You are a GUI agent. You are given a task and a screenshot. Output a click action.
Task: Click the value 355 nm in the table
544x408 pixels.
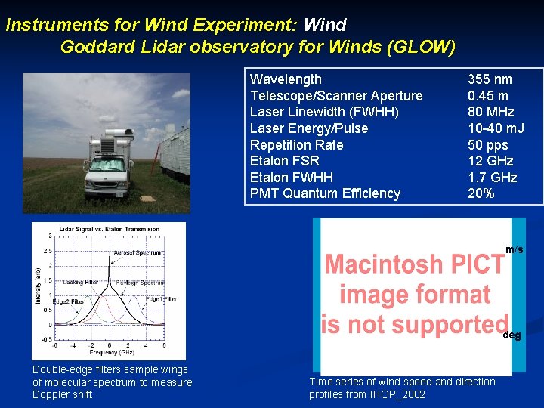(490, 79)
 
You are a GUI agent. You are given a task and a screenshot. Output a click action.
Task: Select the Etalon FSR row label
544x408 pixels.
(284, 161)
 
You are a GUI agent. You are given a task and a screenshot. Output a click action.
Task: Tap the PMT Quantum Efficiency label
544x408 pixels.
(325, 193)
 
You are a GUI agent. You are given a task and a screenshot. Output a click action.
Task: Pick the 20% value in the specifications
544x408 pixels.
(481, 193)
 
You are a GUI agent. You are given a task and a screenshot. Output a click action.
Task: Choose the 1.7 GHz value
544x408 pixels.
(492, 178)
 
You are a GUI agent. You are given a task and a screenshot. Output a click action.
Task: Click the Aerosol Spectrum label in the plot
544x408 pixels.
(137, 252)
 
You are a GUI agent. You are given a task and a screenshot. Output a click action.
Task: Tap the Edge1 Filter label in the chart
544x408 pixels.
(161, 300)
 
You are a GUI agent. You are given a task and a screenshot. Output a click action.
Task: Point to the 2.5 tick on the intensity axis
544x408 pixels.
(48, 250)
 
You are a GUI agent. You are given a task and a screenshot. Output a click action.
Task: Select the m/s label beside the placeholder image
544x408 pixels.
(514, 249)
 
